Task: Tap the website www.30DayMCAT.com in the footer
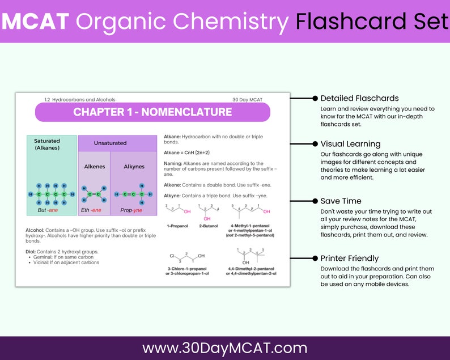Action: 224,348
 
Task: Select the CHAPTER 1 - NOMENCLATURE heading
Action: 152,112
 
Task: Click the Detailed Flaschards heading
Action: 359,99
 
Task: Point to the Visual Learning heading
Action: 350,144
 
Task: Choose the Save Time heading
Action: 341,201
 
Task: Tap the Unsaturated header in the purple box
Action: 110,143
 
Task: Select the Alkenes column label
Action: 94,167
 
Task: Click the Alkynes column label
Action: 133,167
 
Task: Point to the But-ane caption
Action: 48,210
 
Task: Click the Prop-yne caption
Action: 131,210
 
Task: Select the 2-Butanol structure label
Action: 208,226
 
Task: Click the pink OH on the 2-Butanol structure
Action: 207,218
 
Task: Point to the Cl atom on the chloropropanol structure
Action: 172,256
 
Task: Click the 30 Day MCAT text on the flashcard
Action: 247,100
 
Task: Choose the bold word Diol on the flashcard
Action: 32,252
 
